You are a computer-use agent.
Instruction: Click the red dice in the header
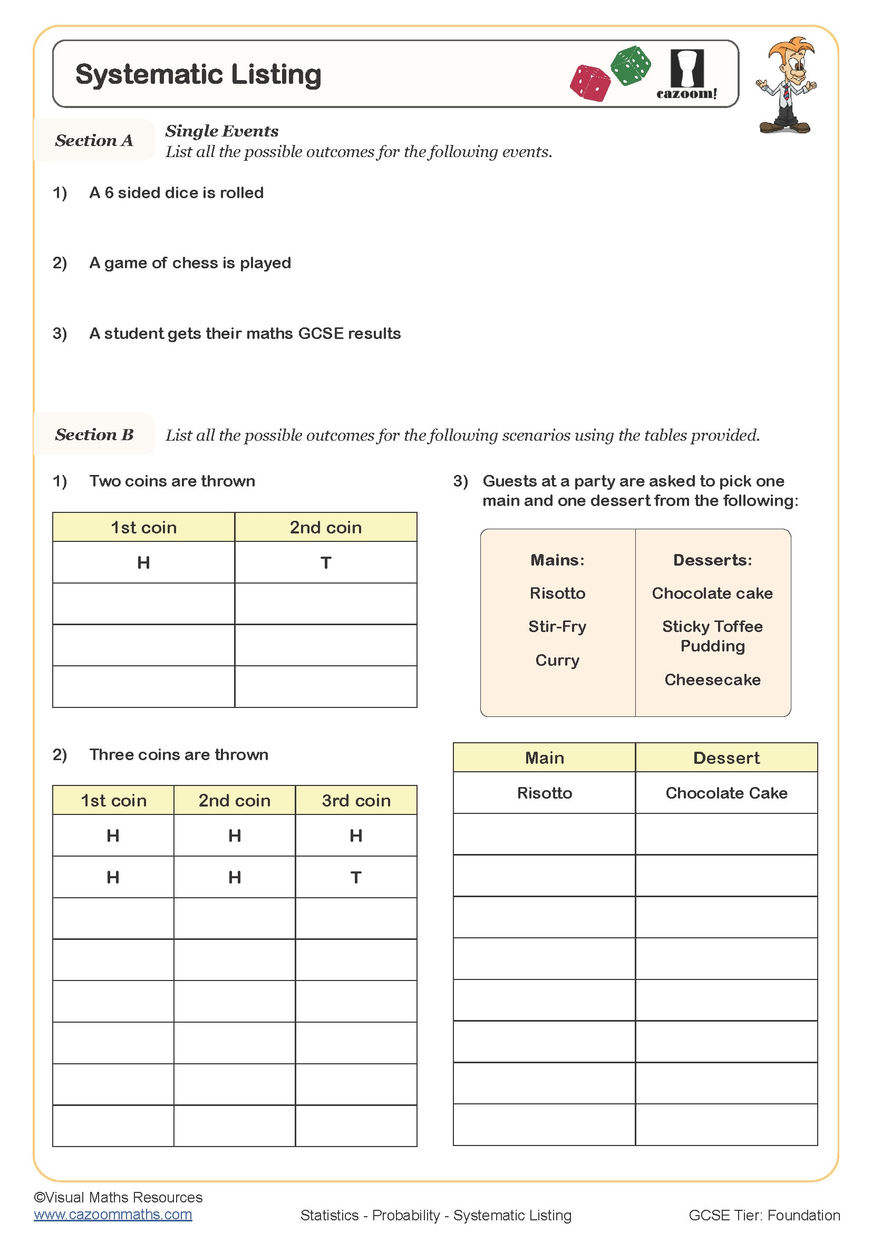[589, 83]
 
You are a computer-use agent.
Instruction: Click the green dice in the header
[631, 65]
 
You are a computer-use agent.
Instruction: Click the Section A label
[94, 141]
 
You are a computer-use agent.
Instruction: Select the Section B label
[94, 434]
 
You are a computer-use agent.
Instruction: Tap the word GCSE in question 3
[321, 334]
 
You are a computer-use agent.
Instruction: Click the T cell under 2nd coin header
[325, 563]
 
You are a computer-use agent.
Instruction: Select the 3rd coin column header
[356, 801]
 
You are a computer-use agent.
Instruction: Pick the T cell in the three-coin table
[355, 878]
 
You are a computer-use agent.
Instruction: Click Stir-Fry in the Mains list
[557, 627]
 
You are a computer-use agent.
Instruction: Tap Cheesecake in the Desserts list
[713, 680]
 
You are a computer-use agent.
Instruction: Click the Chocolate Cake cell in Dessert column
[726, 793]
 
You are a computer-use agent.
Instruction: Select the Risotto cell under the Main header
[545, 793]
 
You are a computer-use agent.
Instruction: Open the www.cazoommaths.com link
[113, 1214]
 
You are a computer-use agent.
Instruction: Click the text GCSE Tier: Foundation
[764, 1215]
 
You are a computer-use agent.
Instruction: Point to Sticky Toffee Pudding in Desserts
[713, 636]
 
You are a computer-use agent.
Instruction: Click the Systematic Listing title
[198, 75]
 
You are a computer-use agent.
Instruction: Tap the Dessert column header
[726, 758]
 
